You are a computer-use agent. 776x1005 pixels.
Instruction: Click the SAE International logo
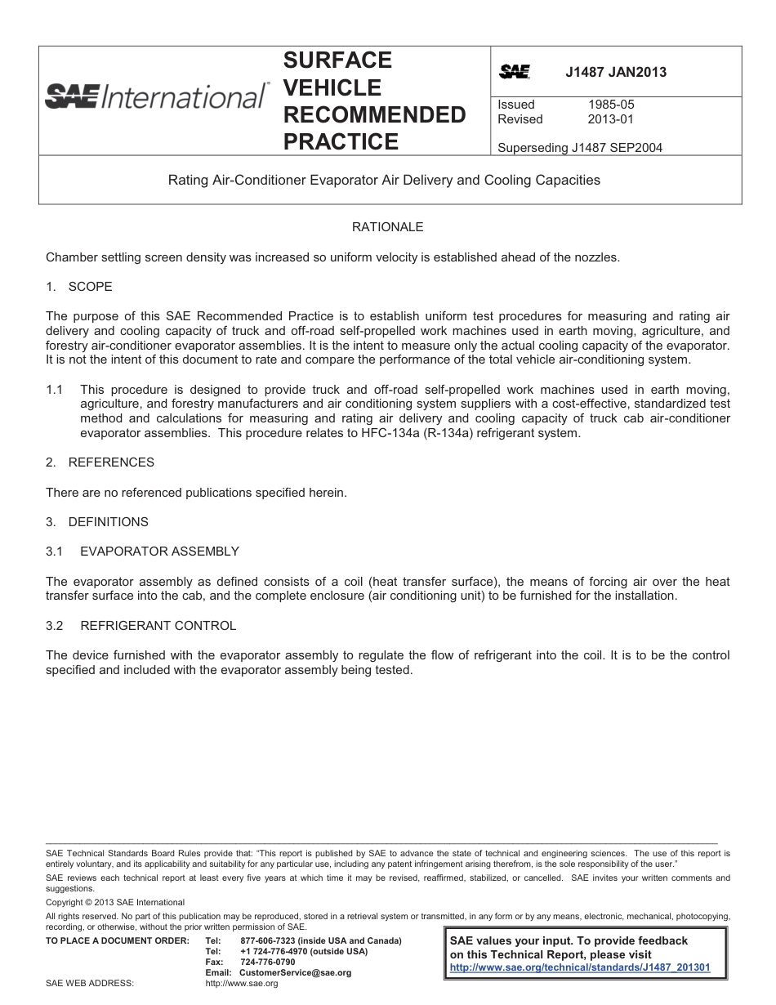155,96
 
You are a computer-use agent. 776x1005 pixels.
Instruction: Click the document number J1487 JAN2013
616,72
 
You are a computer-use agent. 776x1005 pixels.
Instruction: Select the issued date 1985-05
610,105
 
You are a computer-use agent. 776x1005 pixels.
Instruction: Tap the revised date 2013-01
610,119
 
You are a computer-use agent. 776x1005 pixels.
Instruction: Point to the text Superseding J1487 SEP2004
579,148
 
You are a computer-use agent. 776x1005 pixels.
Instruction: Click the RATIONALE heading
387,226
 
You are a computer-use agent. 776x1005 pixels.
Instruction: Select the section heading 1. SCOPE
79,287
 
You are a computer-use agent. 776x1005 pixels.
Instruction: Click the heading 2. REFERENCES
100,462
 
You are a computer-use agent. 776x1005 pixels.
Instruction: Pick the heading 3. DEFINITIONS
97,522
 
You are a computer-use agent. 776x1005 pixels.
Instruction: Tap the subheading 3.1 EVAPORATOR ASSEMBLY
143,552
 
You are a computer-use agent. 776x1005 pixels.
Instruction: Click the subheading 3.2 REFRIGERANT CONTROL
141,626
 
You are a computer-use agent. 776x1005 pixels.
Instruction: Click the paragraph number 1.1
55,390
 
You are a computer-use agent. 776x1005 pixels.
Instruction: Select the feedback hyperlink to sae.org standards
580,967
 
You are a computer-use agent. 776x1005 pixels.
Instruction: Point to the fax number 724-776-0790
268,963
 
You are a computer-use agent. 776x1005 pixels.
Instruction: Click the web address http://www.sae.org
242,984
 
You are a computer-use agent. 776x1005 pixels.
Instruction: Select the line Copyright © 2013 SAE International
115,902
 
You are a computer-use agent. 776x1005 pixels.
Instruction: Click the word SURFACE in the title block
337,60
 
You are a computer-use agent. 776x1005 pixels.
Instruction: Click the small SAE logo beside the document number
515,73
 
